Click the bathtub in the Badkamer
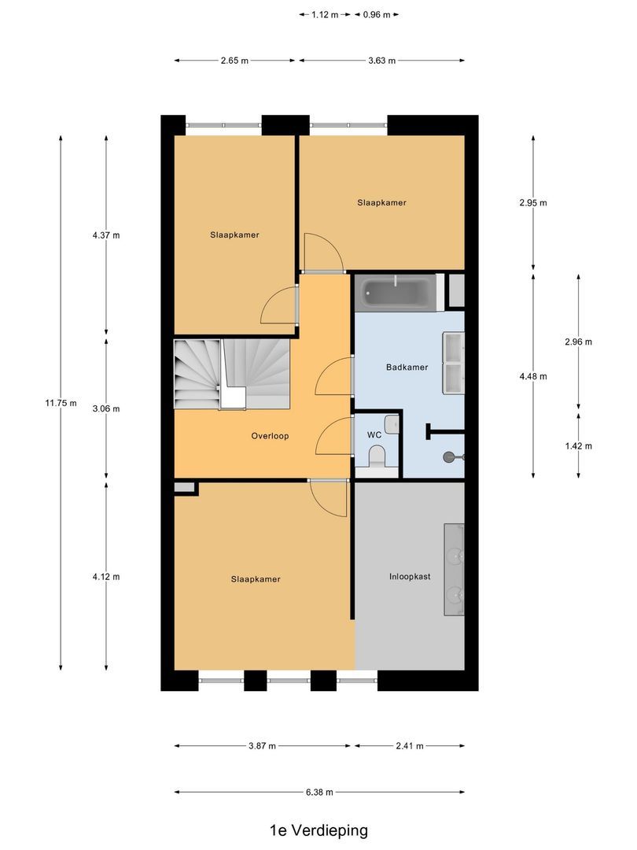pyautogui.click(x=397, y=293)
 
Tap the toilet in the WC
pyautogui.click(x=377, y=456)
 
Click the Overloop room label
pyautogui.click(x=270, y=435)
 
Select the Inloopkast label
pyautogui.click(x=410, y=576)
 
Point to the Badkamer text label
pyautogui.click(x=407, y=368)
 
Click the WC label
pyautogui.click(x=374, y=434)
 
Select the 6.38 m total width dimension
pyautogui.click(x=318, y=793)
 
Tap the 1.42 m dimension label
pyautogui.click(x=578, y=445)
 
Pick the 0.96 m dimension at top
pyautogui.click(x=376, y=14)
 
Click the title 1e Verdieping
pyautogui.click(x=318, y=830)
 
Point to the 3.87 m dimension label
pyautogui.click(x=262, y=746)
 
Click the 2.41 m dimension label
pyautogui.click(x=409, y=746)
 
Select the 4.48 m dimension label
pyautogui.click(x=533, y=375)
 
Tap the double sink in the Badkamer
pyautogui.click(x=454, y=363)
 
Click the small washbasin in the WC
pyautogui.click(x=392, y=426)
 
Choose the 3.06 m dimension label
pyautogui.click(x=106, y=408)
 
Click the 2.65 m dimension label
pyautogui.click(x=234, y=61)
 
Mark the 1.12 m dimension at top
pyautogui.click(x=325, y=14)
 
